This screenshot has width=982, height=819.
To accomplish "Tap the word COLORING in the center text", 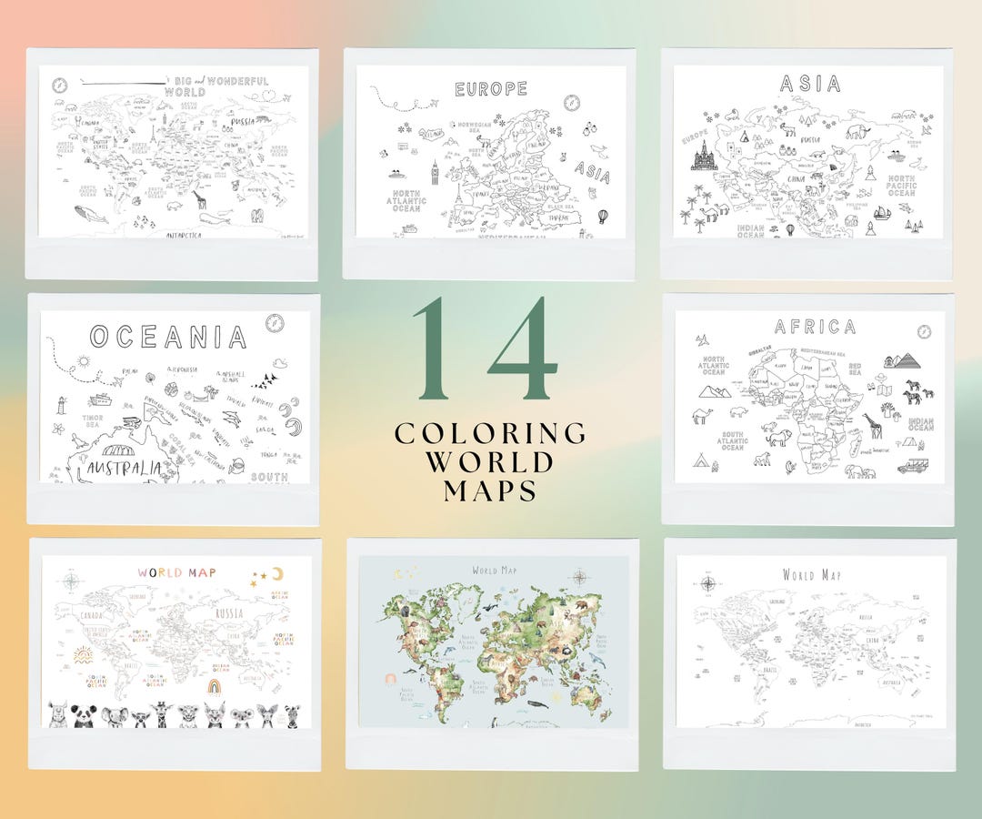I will (490, 433).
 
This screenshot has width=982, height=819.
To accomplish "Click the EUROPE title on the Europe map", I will (491, 89).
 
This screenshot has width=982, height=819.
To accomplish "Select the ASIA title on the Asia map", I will (810, 85).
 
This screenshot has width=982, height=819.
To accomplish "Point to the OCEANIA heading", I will (168, 338).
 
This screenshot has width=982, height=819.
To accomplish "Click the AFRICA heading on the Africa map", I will (815, 327).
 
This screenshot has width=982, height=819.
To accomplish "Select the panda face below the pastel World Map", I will (86, 715).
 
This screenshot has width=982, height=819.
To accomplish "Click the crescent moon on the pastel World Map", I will (277, 573).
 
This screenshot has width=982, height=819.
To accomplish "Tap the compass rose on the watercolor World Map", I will (580, 576).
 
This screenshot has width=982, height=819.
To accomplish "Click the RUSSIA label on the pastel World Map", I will (227, 613).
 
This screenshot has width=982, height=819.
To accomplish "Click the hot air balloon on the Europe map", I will (602, 217).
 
